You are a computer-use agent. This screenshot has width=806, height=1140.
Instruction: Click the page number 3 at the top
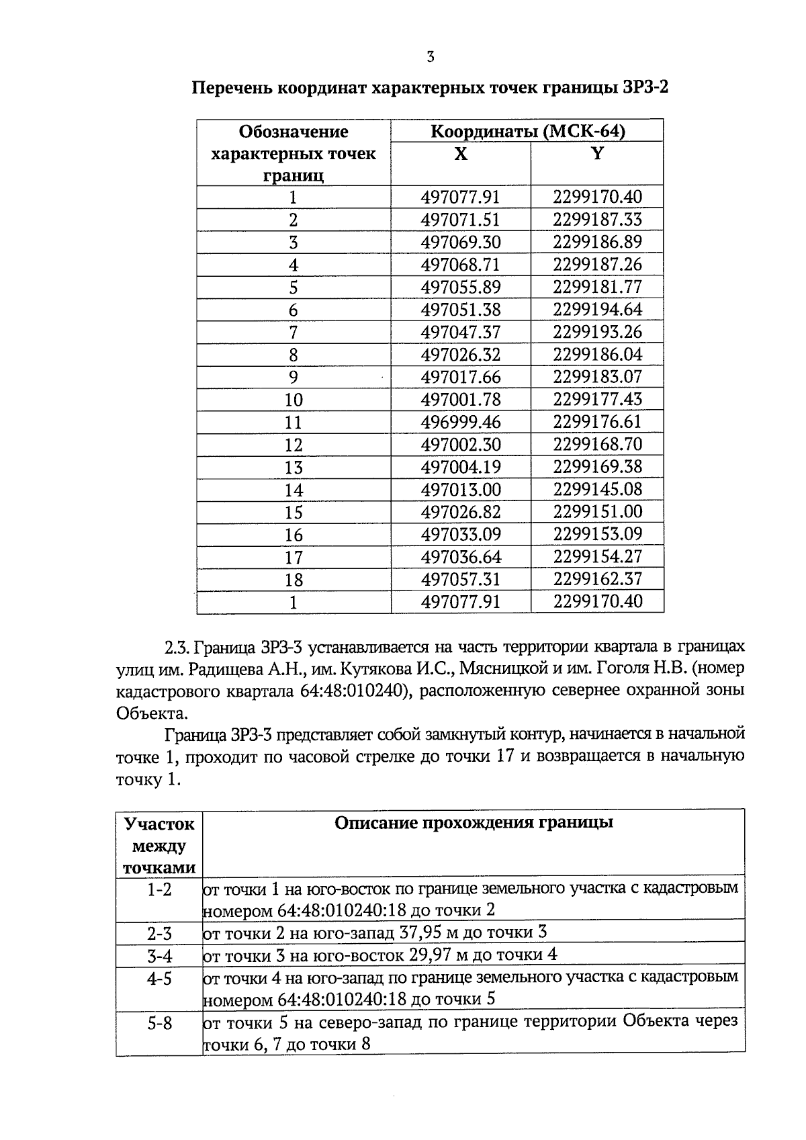[431, 57]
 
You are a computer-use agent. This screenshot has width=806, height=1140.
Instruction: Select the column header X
[460, 155]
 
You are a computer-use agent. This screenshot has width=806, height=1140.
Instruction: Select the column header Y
[596, 155]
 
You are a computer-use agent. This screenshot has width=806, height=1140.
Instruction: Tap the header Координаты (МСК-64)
[527, 131]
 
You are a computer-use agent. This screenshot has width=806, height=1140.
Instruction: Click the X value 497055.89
[461, 288]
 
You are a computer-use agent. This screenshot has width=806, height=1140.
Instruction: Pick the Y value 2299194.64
[597, 310]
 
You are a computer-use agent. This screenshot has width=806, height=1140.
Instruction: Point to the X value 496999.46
[461, 422]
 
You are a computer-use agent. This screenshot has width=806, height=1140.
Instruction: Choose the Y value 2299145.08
[597, 489]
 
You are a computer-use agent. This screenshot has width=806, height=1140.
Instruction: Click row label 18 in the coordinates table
[294, 580]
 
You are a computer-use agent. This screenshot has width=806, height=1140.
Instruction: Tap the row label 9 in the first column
[294, 378]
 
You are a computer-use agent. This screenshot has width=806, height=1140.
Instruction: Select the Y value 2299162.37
[597, 579]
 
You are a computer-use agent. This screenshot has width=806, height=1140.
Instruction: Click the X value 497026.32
[461, 355]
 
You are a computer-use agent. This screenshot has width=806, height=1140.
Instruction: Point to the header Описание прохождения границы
[474, 823]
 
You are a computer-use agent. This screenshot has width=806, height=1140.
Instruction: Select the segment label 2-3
[159, 934]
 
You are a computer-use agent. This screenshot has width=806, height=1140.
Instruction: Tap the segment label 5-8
[159, 1023]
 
